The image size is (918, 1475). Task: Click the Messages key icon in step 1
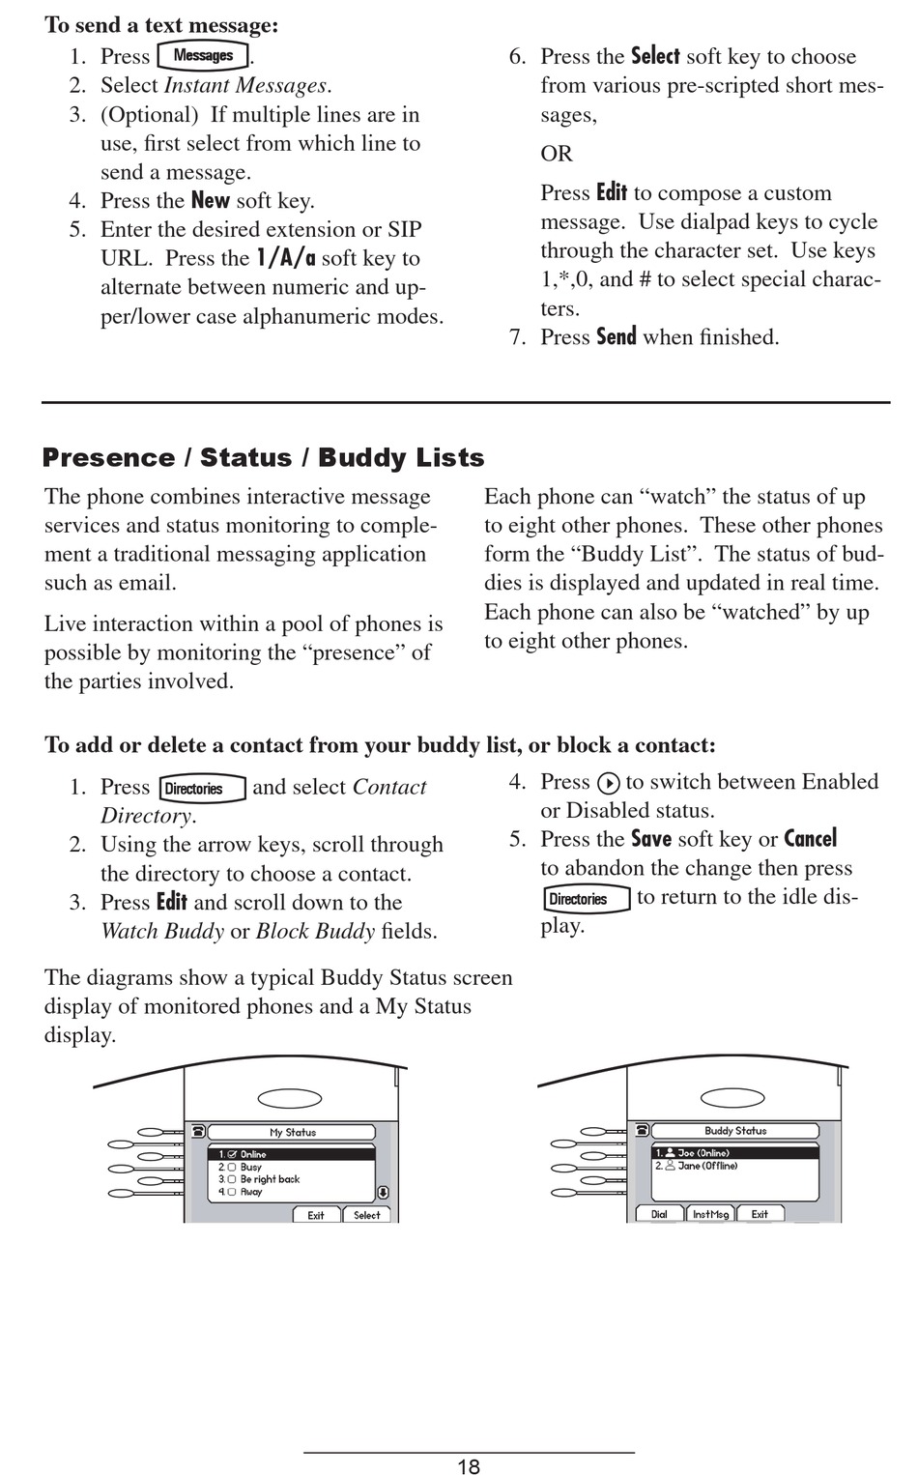pyautogui.click(x=203, y=56)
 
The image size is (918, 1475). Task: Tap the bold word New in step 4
pyautogui.click(x=210, y=201)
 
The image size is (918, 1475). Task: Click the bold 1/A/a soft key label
pyautogui.click(x=286, y=259)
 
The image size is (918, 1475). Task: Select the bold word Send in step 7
pyautogui.click(x=616, y=337)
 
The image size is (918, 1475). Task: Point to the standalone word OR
pyautogui.click(x=557, y=154)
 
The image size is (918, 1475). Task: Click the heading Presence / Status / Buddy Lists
pyautogui.click(x=263, y=458)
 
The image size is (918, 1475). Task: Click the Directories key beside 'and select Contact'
pyautogui.click(x=202, y=789)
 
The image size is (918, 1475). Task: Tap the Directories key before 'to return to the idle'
pyautogui.click(x=586, y=899)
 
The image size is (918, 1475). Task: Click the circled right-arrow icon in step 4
pyautogui.click(x=608, y=783)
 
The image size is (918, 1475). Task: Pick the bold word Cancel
pyautogui.click(x=810, y=839)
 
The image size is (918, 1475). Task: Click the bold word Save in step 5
pyautogui.click(x=650, y=839)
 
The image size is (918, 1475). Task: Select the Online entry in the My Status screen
pyautogui.click(x=253, y=1154)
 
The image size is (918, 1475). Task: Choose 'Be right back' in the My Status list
pyautogui.click(x=270, y=1179)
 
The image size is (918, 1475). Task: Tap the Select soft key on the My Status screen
pyautogui.click(x=367, y=1215)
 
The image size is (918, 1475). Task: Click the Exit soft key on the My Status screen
pyautogui.click(x=316, y=1215)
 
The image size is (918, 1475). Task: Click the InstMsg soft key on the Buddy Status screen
pyautogui.click(x=710, y=1214)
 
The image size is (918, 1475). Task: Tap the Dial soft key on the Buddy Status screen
pyautogui.click(x=659, y=1214)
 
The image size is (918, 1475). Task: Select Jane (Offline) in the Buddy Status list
pyautogui.click(x=706, y=1166)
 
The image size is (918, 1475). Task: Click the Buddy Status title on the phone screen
pyautogui.click(x=735, y=1130)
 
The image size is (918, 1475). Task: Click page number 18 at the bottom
pyautogui.click(x=469, y=1466)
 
